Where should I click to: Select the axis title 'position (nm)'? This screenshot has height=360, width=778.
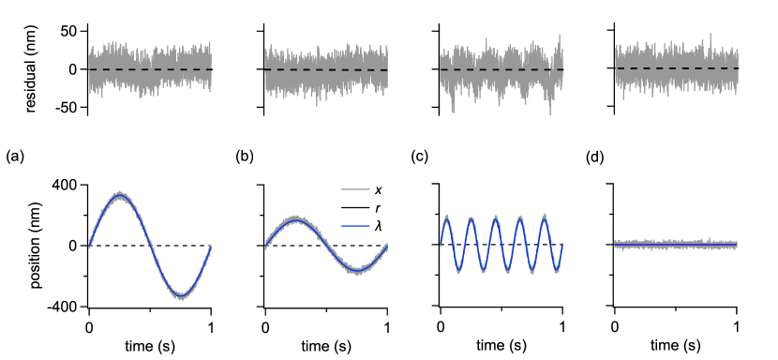[x=38, y=246]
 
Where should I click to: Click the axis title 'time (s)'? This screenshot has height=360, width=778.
[x=150, y=345]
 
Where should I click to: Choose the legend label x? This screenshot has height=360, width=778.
[x=377, y=190]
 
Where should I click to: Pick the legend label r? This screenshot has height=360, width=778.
[x=377, y=208]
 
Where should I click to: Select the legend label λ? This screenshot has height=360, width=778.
[x=377, y=226]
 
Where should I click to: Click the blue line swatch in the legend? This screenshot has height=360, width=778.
[x=354, y=226]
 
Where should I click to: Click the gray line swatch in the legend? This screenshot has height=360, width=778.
[x=354, y=190]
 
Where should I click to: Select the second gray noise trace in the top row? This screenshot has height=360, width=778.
[x=326, y=69]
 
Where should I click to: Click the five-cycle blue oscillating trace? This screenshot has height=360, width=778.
[x=501, y=245]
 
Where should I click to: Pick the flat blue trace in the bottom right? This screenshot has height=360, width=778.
[x=677, y=245]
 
